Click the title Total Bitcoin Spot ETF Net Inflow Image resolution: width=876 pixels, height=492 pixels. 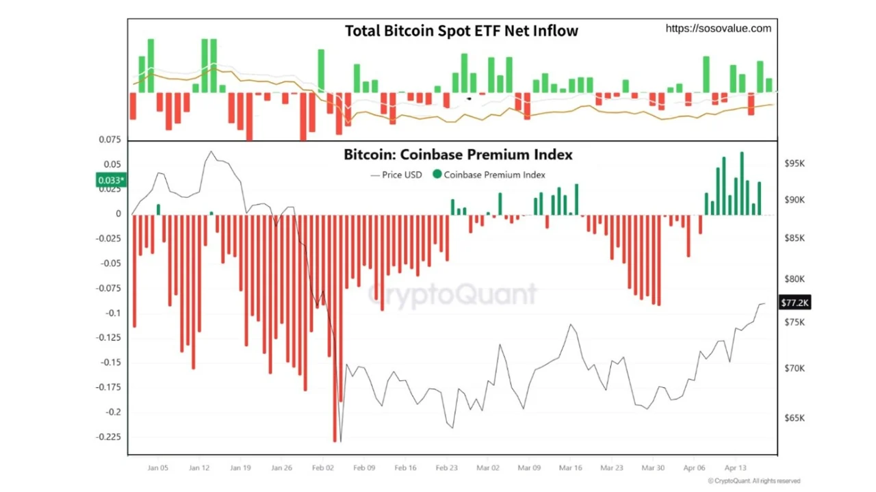pos(461,31)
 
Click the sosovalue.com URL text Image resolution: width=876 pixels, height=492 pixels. pos(718,28)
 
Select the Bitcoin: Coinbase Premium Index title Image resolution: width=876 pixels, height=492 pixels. pos(458,155)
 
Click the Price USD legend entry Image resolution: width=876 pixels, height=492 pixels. pos(396,174)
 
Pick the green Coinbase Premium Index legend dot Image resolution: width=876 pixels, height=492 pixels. pos(437,174)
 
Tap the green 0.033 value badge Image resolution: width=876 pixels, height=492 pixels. pos(111,181)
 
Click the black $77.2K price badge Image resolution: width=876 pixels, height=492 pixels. pos(795,302)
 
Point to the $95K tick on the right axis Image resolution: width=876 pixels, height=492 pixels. pos(795,164)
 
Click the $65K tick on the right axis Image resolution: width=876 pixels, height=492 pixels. pos(795,418)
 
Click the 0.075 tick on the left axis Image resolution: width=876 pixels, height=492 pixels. pos(109,140)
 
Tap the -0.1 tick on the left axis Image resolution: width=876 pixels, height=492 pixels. pos(113,313)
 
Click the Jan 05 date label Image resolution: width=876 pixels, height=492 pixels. pos(157,468)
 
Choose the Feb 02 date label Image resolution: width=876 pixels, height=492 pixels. pos(323,468)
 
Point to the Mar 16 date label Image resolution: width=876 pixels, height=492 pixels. pos(570,468)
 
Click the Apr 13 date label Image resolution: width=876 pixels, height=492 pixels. pos(735,468)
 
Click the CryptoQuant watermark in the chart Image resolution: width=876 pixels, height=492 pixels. pos(453,294)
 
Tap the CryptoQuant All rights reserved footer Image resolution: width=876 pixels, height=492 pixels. pos(753,481)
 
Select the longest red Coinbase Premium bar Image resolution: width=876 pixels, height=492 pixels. pos(335,328)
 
